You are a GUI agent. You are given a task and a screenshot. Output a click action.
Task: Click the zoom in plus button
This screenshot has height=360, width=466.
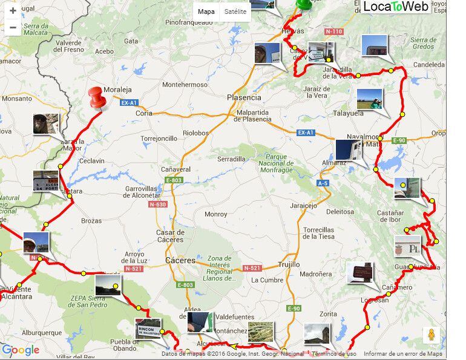pyautogui.click(x=13, y=11)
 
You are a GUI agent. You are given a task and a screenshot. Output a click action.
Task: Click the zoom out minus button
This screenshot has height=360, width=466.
pyautogui.click(x=13, y=27)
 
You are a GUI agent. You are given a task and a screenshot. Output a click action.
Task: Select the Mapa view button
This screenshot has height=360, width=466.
pyautogui.click(x=206, y=11)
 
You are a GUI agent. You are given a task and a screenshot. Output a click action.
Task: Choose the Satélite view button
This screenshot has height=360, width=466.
pyautogui.click(x=235, y=11)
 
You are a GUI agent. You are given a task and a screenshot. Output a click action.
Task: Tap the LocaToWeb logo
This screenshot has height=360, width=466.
pyautogui.click(x=396, y=7)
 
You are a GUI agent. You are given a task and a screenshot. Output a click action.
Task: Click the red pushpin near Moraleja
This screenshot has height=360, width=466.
pyautogui.click(x=96, y=97)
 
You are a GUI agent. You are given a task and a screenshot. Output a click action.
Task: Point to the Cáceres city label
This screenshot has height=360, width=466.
pyautogui.click(x=180, y=261)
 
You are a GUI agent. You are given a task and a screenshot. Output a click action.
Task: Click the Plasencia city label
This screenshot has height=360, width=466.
pyautogui.click(x=244, y=97)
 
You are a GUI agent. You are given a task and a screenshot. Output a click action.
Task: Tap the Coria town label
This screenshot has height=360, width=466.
pyautogui.click(x=144, y=113)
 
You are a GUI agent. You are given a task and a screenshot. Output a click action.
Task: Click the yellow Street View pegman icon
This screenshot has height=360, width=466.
pyautogui.click(x=432, y=335)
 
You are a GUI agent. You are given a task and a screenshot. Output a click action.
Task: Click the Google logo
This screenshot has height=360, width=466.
pyautogui.click(x=21, y=350)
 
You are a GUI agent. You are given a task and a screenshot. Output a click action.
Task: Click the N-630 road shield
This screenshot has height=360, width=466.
pyautogui.click(x=157, y=205)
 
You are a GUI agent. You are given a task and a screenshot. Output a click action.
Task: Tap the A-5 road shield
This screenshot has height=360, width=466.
pyautogui.click(x=324, y=183)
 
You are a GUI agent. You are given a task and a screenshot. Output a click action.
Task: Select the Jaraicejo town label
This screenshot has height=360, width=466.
pyautogui.click(x=303, y=206)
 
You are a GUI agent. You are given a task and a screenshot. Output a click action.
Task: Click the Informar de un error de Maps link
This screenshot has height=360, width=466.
pyautogui.click(x=402, y=354)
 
